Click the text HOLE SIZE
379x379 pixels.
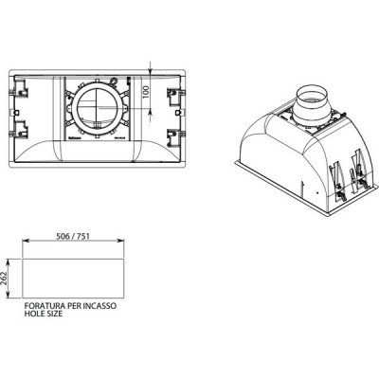pyautogui.click(x=43, y=317)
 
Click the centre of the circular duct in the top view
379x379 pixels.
pyautogui.click(x=98, y=111)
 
